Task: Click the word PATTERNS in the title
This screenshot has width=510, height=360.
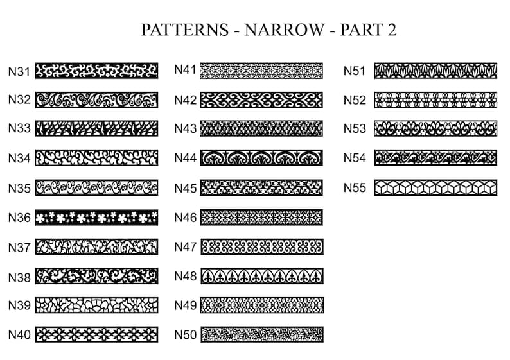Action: pos(185,30)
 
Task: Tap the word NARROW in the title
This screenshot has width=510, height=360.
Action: pos(285,30)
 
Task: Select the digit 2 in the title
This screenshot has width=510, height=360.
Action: pos(392,30)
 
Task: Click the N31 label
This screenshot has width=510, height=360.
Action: pos(19,72)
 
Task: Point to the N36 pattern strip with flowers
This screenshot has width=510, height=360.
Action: pos(96,218)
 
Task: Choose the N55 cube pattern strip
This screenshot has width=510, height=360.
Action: pos(435,187)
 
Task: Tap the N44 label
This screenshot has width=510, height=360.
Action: pos(186,158)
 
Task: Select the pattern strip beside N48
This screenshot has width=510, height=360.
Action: pos(262,276)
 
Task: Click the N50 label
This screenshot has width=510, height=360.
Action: pos(186,335)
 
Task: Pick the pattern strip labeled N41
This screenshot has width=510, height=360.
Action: pos(261,71)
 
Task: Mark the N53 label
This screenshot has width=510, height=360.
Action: pos(355,129)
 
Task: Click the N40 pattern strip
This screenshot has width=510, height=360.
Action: pos(96,334)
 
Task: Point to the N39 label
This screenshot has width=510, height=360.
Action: pos(19,305)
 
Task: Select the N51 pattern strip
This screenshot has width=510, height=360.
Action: pos(435,71)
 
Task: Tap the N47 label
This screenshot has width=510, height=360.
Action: pos(186,247)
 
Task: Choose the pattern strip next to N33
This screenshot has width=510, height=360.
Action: pos(96,128)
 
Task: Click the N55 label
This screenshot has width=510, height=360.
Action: pos(355,188)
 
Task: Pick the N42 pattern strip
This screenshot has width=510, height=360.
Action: pos(261,99)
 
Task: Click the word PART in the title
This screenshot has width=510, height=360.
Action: pos(362,30)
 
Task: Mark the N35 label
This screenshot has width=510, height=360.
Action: pos(19,189)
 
